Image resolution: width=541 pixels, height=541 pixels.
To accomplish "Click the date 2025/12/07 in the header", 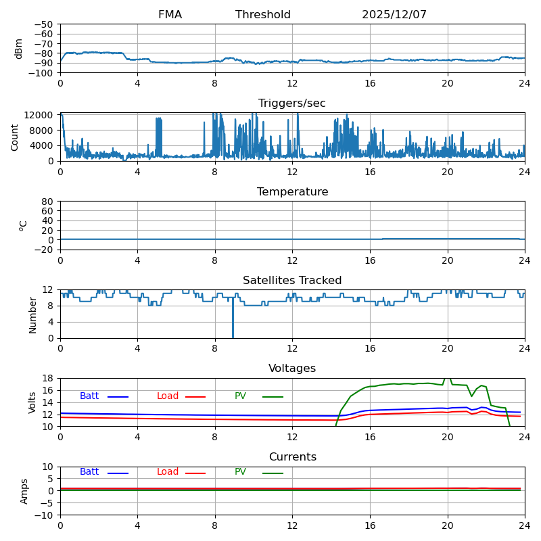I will tap(394, 15).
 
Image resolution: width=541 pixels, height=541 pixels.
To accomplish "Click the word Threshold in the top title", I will tap(263, 15).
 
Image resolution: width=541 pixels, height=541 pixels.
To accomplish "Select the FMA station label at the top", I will tap(170, 15).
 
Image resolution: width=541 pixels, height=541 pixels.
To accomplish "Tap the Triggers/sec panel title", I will tap(292, 103).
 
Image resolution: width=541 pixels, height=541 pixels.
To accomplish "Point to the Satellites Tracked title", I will tap(292, 281).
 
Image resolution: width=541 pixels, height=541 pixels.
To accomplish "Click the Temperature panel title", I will tap(292, 192).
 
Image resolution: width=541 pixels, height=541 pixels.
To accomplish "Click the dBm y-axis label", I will tap(19, 49).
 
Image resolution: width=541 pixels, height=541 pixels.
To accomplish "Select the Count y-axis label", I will tap(15, 137).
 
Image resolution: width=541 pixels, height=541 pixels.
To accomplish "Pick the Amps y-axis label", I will tap(24, 491).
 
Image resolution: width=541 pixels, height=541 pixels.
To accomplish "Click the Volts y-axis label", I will tap(32, 402).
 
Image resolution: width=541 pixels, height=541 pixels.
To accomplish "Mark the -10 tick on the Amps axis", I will tap(45, 515).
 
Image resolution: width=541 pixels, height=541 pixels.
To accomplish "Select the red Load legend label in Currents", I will tap(168, 472).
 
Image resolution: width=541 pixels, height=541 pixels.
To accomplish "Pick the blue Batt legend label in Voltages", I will tap(89, 396).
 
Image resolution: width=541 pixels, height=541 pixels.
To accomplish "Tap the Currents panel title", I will tap(292, 457).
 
